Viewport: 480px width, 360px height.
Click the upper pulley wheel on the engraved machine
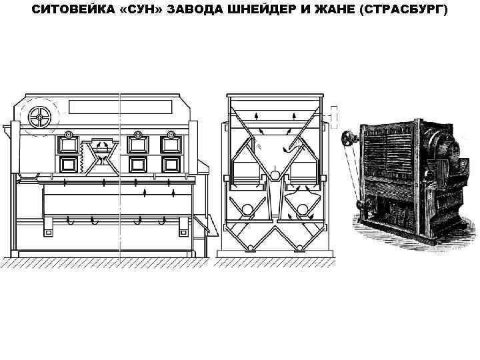pos(347,139)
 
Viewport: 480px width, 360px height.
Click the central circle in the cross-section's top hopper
pos(275,175)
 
